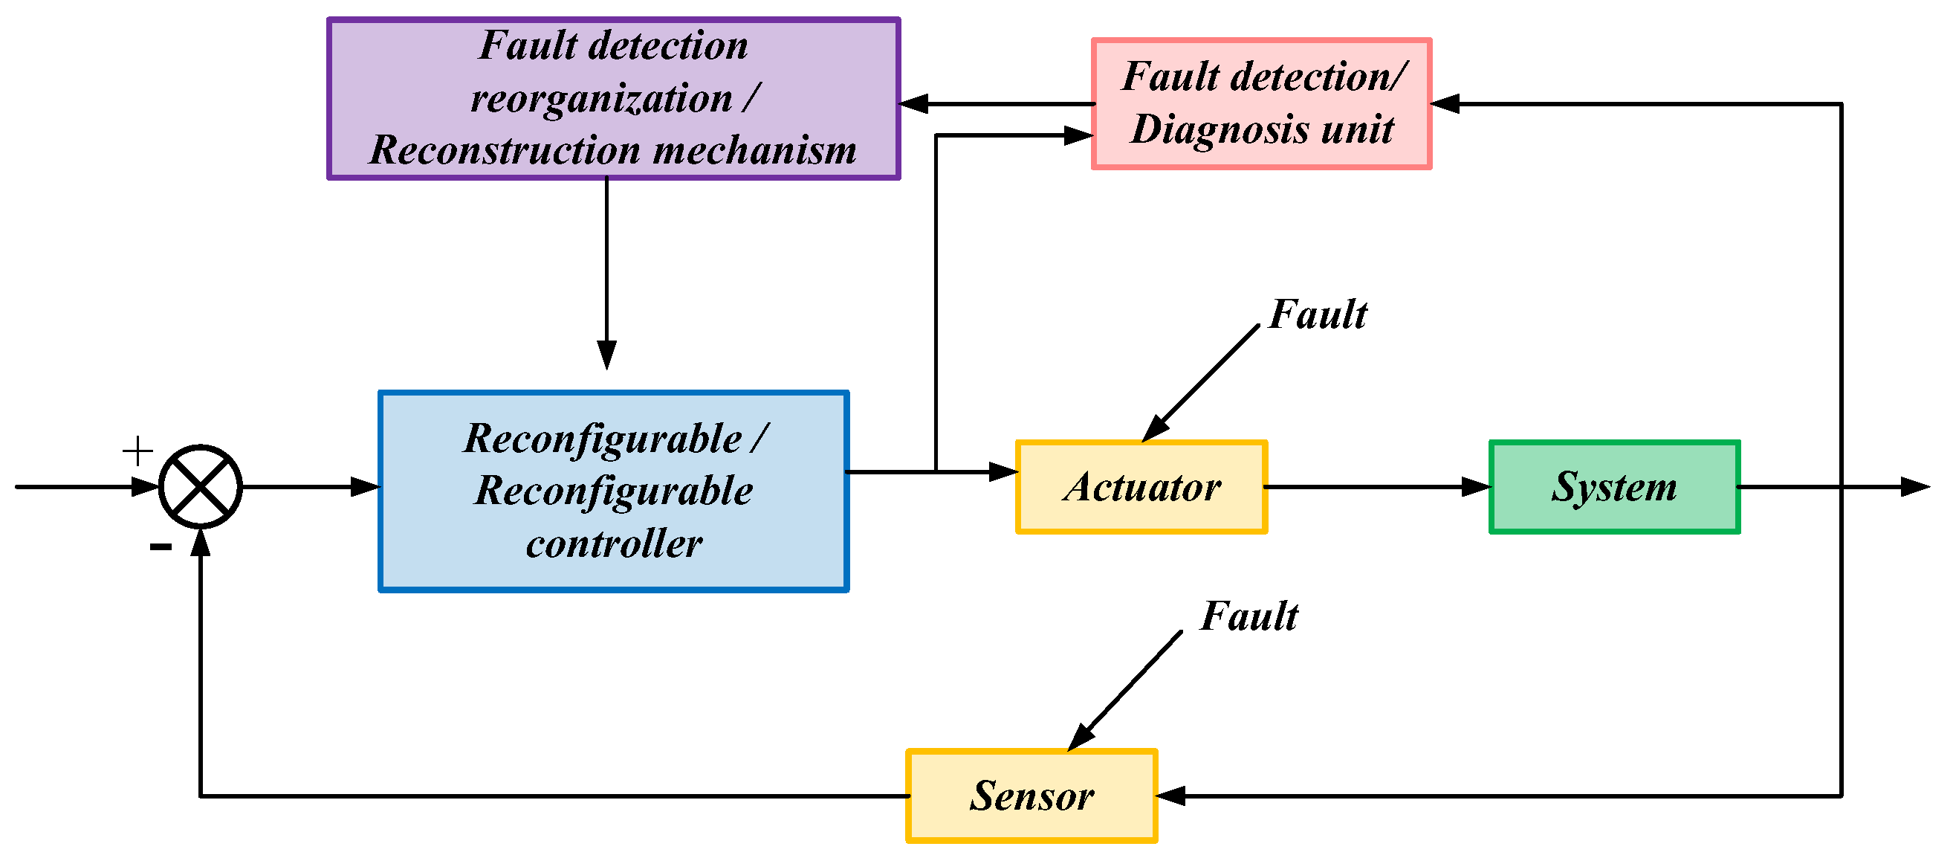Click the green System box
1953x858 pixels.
[x=1614, y=487]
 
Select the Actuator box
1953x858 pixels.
[x=1141, y=487]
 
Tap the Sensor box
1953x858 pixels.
[x=1031, y=796]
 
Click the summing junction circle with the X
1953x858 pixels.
[x=200, y=487]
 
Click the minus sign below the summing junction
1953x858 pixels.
[x=161, y=546]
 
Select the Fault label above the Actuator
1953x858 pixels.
[x=1318, y=314]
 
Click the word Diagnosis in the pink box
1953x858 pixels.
[x=1220, y=129]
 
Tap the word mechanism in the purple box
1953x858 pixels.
[x=754, y=149]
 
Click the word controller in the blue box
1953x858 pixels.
[x=614, y=543]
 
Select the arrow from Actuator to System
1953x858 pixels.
[x=1376, y=487]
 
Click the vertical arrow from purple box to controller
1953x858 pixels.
[x=606, y=273]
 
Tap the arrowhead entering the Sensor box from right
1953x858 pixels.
[x=1171, y=796]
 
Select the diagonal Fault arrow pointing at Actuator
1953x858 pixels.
[x=1202, y=383]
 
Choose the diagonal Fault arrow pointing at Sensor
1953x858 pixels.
[x=1126, y=691]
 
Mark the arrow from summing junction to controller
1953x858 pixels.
[x=311, y=487]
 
